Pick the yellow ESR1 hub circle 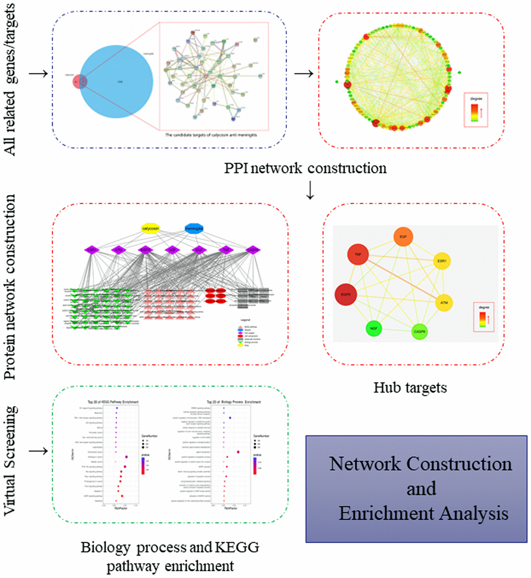pyautogui.click(x=441, y=260)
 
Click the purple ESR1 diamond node pyautogui.click(x=92, y=250)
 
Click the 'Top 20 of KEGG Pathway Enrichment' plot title pyautogui.click(x=117, y=403)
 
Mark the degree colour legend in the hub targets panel pyautogui.click(x=483, y=317)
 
